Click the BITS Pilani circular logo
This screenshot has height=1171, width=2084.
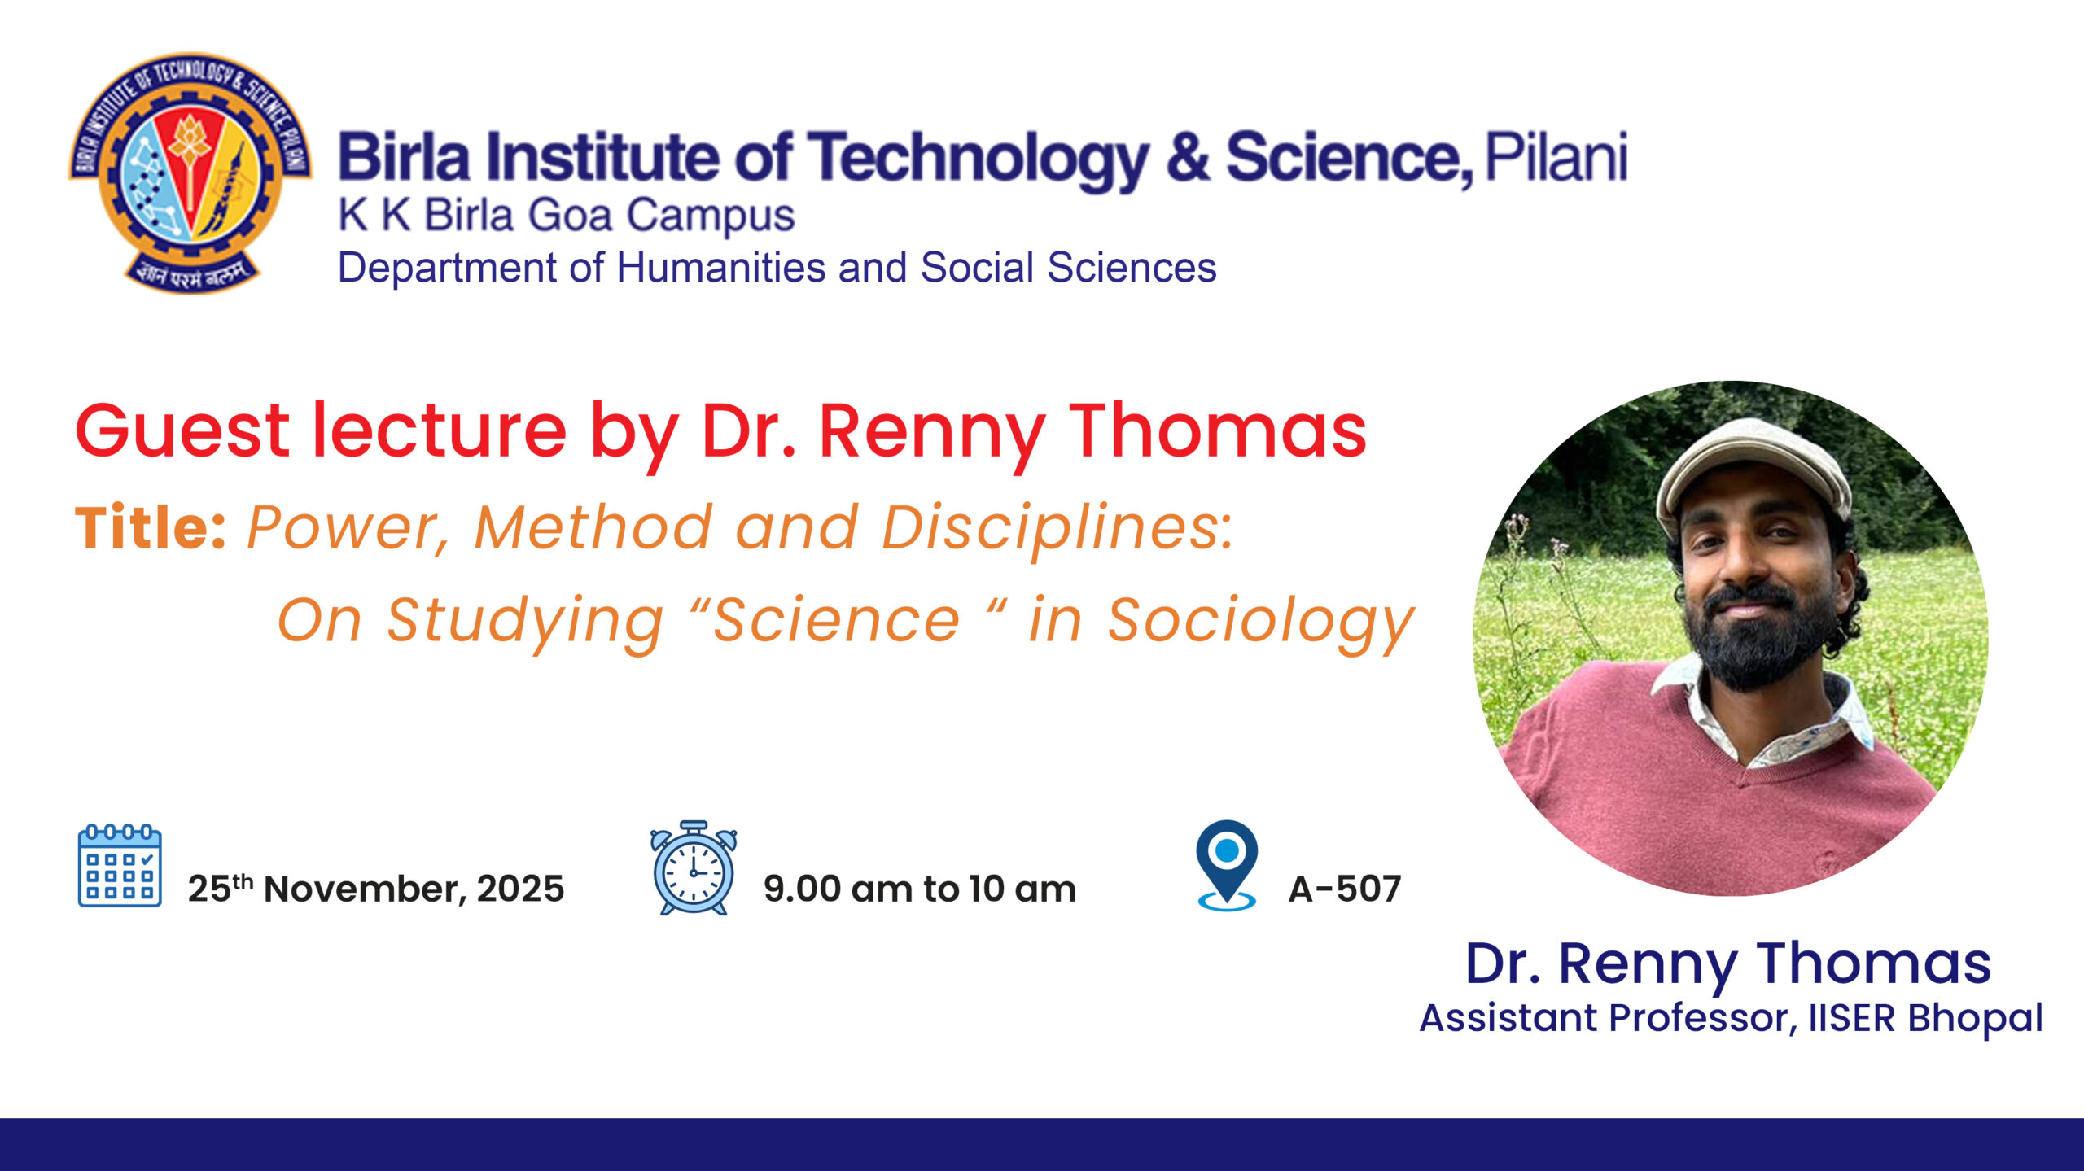pos(190,173)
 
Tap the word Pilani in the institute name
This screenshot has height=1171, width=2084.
pos(1556,157)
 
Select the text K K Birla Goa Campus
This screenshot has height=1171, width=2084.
pos(566,216)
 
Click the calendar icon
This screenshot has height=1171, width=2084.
pos(120,865)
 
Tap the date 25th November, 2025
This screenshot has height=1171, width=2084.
pos(375,888)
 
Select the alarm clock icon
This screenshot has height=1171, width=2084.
pos(694,867)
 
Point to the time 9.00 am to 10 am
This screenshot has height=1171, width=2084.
pos(920,889)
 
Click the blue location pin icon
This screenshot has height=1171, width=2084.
pos(1227,865)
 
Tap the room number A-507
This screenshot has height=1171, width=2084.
pos(1345,889)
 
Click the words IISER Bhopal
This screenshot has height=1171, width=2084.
pos(1925,1018)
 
